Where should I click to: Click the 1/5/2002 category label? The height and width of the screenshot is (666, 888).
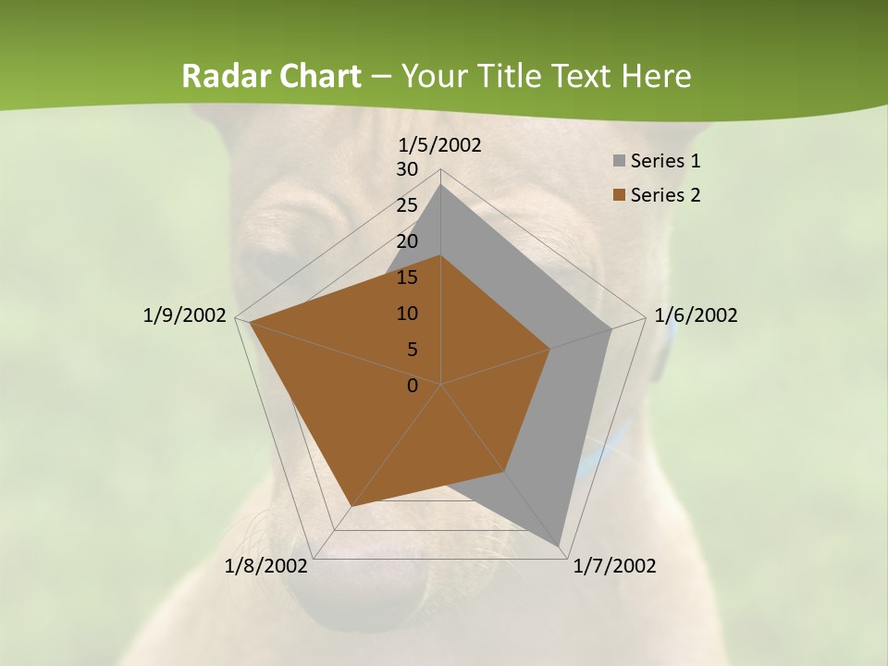440,145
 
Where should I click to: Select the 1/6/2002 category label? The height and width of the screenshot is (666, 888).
696,315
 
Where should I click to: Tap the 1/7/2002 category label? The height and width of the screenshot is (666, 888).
614,566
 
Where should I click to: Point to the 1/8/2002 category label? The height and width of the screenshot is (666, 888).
266,566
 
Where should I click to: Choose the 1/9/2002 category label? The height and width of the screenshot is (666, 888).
185,315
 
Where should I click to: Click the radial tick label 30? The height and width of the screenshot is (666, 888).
407,169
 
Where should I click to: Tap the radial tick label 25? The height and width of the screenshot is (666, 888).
407,205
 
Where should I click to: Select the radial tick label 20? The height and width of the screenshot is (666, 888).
407,241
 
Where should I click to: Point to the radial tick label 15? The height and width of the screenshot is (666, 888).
407,277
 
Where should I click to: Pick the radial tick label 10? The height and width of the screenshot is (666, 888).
407,314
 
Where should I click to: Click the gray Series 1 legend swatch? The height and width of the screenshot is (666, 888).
619,162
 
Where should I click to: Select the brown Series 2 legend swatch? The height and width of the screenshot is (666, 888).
619,195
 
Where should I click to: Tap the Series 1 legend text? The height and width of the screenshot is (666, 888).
665,162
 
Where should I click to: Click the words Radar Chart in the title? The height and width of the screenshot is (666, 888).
271,76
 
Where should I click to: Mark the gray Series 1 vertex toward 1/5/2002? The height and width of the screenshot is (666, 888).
441,185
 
